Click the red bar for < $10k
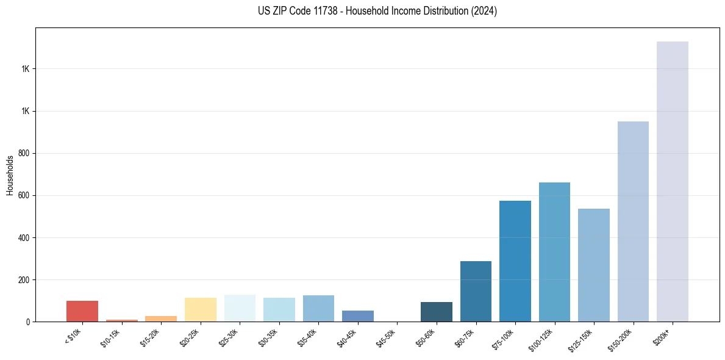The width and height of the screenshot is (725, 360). [x=82, y=311]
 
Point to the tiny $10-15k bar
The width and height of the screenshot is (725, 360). [x=121, y=320]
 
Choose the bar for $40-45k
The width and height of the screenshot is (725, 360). [x=357, y=316]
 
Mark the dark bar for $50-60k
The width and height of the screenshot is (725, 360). [x=436, y=312]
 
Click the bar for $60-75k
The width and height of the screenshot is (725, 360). [x=476, y=291]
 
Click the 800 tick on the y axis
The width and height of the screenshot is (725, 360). [x=24, y=153]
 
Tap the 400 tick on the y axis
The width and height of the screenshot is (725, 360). [x=24, y=237]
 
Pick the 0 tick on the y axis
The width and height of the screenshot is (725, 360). [x=28, y=322]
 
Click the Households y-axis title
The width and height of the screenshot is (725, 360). [x=10, y=175]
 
